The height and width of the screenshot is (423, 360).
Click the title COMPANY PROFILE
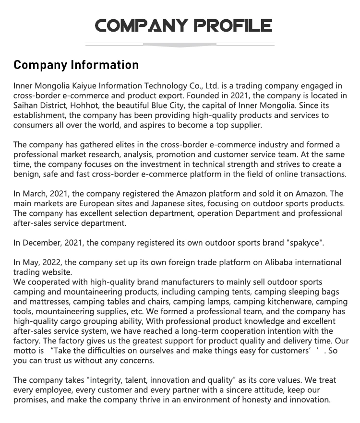click(183, 25)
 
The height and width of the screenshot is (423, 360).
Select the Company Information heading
click(76, 65)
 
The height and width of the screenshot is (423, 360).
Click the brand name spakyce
click(305, 243)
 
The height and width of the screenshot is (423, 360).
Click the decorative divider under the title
click(180, 45)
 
